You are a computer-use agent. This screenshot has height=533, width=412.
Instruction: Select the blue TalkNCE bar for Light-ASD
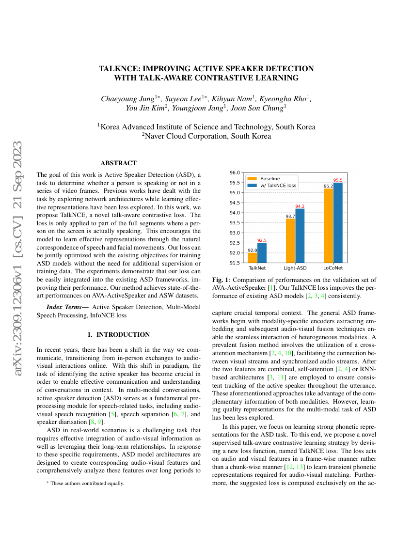click(x=300, y=235)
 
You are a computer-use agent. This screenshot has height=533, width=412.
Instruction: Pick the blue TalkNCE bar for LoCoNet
click(x=338, y=222)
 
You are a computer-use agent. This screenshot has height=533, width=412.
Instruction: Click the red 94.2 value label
click(x=300, y=206)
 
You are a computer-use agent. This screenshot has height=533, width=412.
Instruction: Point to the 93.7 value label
click(x=290, y=216)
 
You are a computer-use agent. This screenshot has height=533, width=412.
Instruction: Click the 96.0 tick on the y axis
click(x=234, y=172)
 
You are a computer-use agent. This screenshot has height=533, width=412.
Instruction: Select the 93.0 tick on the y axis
click(x=234, y=233)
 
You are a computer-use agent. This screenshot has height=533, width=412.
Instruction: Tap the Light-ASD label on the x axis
click(x=295, y=267)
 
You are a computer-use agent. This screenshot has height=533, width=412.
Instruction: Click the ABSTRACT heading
click(x=118, y=163)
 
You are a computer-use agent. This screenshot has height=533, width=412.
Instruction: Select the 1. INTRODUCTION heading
click(x=118, y=334)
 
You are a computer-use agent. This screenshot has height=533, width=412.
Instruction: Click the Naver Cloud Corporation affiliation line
click(x=206, y=136)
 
